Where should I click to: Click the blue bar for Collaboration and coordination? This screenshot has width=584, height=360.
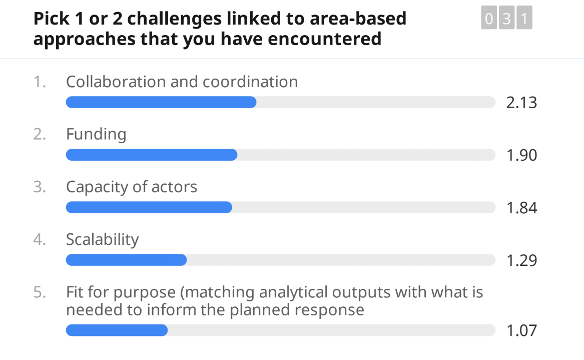click(161, 102)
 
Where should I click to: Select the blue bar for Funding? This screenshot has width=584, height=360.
click(151, 155)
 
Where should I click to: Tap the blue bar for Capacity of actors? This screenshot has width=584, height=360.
click(149, 207)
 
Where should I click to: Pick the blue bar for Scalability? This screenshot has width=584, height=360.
click(126, 260)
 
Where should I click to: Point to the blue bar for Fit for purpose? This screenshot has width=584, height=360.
click(117, 330)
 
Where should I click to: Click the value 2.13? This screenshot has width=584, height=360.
click(521, 103)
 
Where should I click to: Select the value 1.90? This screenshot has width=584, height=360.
click(521, 155)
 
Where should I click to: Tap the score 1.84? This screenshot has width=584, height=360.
click(521, 208)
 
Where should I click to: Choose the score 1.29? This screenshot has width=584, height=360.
click(521, 260)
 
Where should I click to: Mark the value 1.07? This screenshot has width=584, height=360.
click(521, 330)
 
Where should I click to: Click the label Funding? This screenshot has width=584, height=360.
click(96, 134)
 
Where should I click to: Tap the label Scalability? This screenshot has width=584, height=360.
click(102, 239)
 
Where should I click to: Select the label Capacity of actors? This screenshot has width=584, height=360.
click(132, 187)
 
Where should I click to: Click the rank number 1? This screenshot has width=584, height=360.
click(40, 82)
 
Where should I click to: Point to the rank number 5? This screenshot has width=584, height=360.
click(40, 292)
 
